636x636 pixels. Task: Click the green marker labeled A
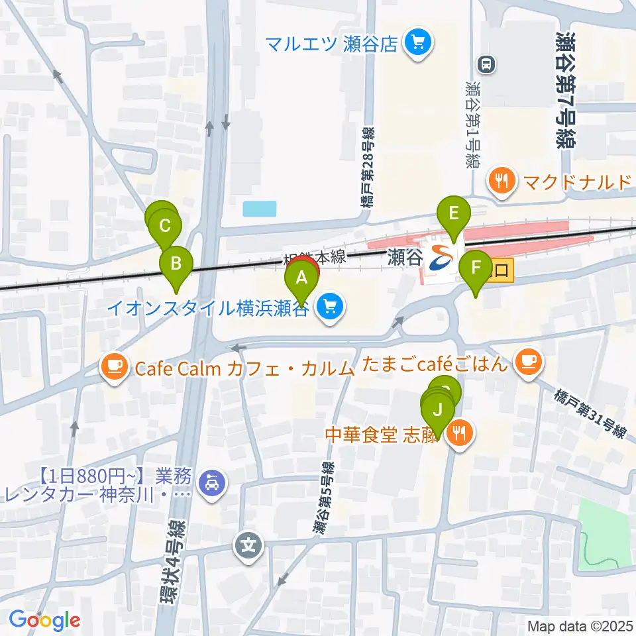click(x=301, y=279)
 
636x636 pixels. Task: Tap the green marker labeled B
click(x=176, y=264)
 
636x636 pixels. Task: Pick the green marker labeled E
click(x=454, y=214)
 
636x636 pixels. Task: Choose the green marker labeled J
click(x=437, y=410)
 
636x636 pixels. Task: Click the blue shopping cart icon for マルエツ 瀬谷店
click(x=417, y=44)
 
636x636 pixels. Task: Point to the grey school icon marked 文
click(x=248, y=547)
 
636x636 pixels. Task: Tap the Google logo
click(x=44, y=621)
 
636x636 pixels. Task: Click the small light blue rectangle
click(x=259, y=209)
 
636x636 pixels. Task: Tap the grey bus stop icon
click(x=486, y=64)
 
